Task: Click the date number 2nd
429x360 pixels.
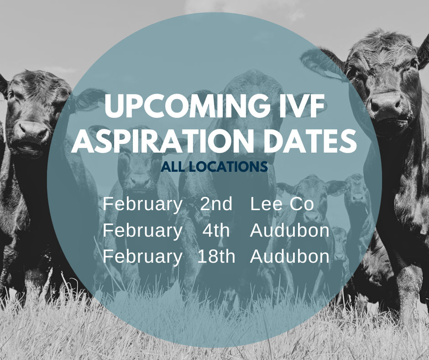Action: pyautogui.click(x=216, y=204)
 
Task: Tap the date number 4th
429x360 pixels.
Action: pyautogui.click(x=216, y=231)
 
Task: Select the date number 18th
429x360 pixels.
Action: pyautogui.click(x=216, y=257)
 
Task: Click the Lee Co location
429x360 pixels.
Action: pyautogui.click(x=282, y=204)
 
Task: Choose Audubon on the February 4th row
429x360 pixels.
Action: pyautogui.click(x=289, y=231)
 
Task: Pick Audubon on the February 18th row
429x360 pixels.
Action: pyautogui.click(x=289, y=257)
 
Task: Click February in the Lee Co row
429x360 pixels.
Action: pyautogui.click(x=142, y=204)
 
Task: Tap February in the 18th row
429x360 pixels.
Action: pyautogui.click(x=142, y=257)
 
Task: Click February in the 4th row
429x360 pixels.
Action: pyautogui.click(x=142, y=231)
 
